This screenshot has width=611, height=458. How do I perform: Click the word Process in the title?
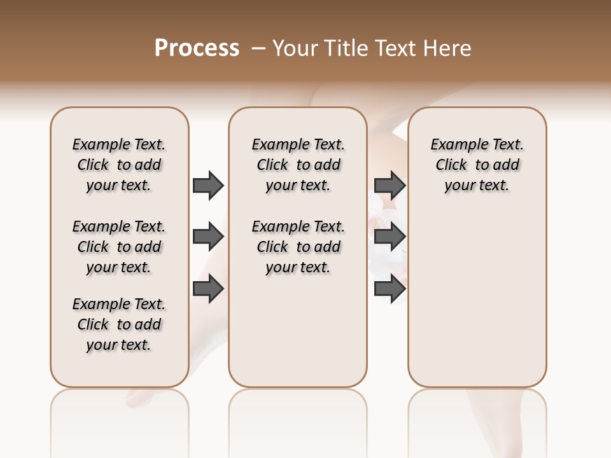pyautogui.click(x=197, y=48)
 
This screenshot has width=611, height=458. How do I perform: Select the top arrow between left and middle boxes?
pyautogui.click(x=208, y=185)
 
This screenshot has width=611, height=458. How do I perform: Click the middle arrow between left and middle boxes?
pyautogui.click(x=208, y=237)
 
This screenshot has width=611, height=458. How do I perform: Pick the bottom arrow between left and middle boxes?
pyautogui.click(x=208, y=289)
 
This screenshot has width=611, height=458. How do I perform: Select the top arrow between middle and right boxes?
pyautogui.click(x=390, y=185)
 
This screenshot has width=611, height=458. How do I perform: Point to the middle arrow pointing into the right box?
pyautogui.click(x=390, y=237)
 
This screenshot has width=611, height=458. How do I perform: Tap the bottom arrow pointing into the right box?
pyautogui.click(x=390, y=289)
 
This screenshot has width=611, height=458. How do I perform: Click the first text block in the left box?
pyautogui.click(x=119, y=165)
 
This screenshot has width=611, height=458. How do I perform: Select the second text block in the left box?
pyautogui.click(x=119, y=247)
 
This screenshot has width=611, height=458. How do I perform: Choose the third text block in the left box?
pyautogui.click(x=119, y=324)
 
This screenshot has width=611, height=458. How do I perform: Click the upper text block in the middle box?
pyautogui.click(x=298, y=165)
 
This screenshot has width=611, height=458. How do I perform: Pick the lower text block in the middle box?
pyautogui.click(x=298, y=247)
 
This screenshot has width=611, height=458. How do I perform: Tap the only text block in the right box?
pyautogui.click(x=477, y=165)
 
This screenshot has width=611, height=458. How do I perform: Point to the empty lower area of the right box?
pyautogui.click(x=477, y=299)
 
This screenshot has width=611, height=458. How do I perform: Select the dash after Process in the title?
pyautogui.click(x=258, y=48)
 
